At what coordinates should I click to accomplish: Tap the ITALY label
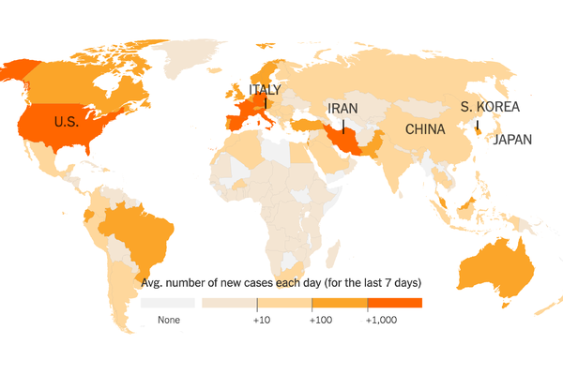pyautogui.click(x=264, y=90)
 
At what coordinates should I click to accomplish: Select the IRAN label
pyautogui.click(x=342, y=109)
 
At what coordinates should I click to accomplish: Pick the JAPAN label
pyautogui.click(x=512, y=141)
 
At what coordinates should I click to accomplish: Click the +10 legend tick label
pyautogui.click(x=262, y=320)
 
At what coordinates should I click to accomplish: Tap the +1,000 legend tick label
pyautogui.click(x=380, y=320)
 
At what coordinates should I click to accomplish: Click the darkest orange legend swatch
pyautogui.click(x=394, y=303)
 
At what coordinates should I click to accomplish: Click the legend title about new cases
pyautogui.click(x=281, y=282)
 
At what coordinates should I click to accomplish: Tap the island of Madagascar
pyautogui.click(x=336, y=257)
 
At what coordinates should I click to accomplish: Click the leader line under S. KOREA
pyautogui.click(x=477, y=124)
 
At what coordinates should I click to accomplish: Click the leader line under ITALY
pyautogui.click(x=267, y=107)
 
